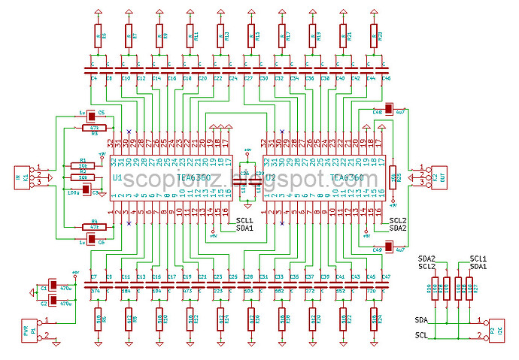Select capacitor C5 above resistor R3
coord(91,115)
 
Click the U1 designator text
coord(117,177)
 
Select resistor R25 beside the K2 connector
coord(393,177)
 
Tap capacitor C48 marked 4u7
coord(389,110)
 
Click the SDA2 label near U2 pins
coord(399,228)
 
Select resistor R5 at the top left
coord(97,35)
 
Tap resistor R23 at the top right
coord(375,35)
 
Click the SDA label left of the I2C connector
coord(421,321)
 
